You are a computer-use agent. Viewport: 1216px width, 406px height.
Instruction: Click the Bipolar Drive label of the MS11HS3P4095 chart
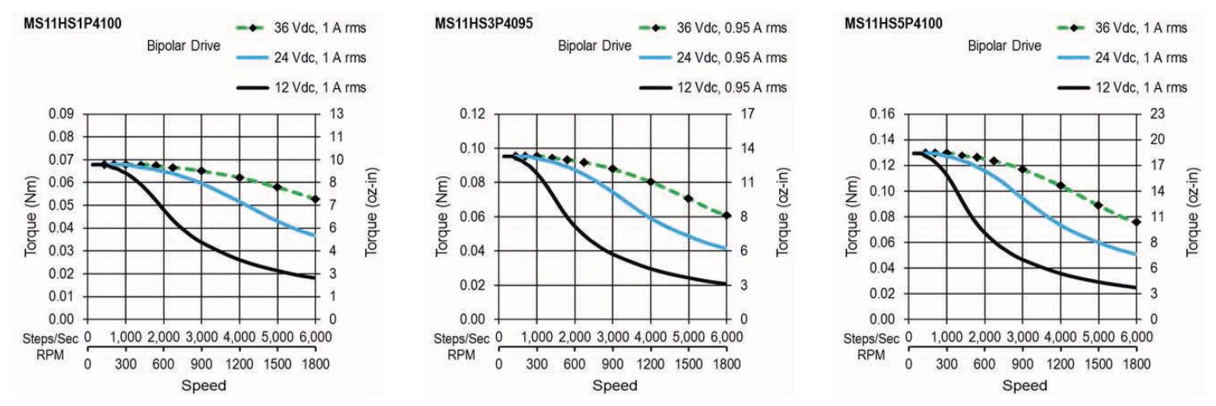tap(595, 45)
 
